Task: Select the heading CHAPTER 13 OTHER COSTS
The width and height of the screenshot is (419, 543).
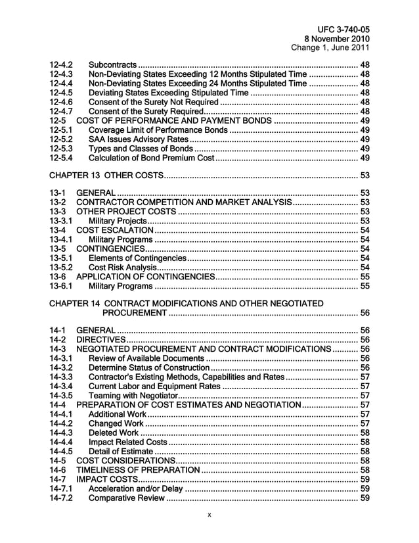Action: click(105, 175)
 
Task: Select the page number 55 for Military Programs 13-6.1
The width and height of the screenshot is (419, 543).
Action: click(363, 286)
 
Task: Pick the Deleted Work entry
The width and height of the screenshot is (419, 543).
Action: click(113, 433)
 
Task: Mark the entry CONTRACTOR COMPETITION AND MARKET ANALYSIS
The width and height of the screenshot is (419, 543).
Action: click(183, 202)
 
